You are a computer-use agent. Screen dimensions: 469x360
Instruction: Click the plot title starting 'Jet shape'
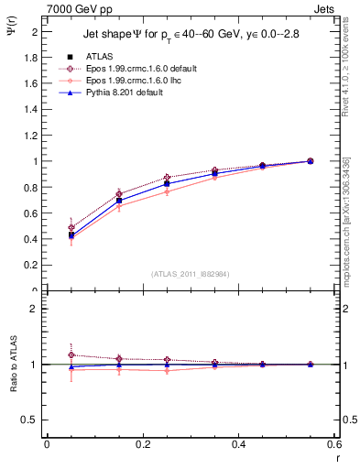[191, 35]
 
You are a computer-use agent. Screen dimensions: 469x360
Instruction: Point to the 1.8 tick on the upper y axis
[33, 57]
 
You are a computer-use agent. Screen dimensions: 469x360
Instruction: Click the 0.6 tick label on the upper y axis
[33, 213]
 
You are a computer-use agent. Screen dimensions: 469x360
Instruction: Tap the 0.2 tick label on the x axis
[142, 444]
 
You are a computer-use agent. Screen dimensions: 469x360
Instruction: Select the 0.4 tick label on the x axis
[238, 444]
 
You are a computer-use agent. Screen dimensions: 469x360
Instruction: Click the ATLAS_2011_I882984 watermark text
[191, 274]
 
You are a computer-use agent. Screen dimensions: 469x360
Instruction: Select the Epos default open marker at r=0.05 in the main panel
[71, 227]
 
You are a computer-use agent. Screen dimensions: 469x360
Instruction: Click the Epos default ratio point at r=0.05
[71, 354]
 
